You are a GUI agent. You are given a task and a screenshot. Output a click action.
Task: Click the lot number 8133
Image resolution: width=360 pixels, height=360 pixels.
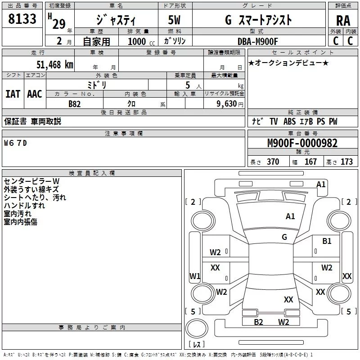[22, 19]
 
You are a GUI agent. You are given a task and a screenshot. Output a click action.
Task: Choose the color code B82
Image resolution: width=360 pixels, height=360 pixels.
[75, 103]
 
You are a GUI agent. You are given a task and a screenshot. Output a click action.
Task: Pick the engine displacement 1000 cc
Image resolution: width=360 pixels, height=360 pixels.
[137, 41]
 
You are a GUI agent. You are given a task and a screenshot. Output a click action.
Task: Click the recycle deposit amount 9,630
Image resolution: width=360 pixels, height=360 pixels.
[228, 103]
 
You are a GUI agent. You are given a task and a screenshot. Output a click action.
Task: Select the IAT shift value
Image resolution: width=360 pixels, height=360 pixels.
[13, 94]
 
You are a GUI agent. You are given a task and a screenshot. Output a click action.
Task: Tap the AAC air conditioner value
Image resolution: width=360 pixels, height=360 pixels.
[35, 94]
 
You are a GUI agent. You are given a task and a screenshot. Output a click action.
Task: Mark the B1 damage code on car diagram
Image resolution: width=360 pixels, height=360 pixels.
[327, 241]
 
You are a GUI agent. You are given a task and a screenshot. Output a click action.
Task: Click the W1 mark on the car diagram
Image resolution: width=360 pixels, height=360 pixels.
[194, 276]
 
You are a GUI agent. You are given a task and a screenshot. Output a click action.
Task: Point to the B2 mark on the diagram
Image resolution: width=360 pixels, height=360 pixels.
[258, 322]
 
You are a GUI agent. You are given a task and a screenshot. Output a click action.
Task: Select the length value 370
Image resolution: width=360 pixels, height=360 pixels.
[273, 162]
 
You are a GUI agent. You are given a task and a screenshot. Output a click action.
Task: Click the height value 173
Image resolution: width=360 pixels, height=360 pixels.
[346, 162]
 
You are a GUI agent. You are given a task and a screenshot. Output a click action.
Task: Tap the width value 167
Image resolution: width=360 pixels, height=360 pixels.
[310, 162]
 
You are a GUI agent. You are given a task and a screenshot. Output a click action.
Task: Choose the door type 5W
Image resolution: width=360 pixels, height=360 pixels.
[175, 20]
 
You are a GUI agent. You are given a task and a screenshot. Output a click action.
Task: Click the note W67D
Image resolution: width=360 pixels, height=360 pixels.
[15, 143]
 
